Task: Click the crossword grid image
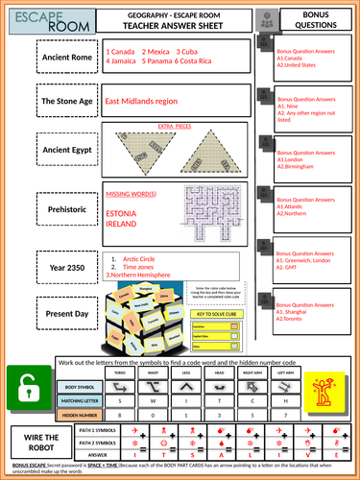coord(214,212)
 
